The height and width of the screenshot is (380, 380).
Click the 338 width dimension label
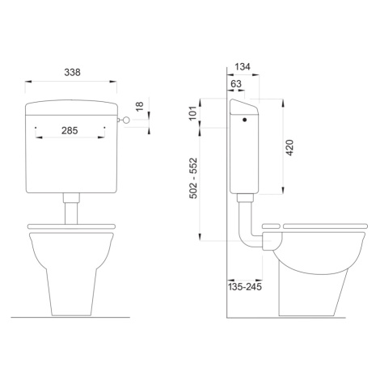coord(72,72)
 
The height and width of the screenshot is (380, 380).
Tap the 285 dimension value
coord(70,131)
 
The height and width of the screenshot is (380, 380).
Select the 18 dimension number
coord(140,107)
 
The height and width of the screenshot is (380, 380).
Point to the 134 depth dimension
coord(243,66)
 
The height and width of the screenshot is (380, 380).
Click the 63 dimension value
coord(236,84)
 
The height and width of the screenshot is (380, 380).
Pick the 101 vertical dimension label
coord(192,113)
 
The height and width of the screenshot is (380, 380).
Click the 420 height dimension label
coord(289,148)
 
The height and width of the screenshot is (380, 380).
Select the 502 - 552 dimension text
coord(193,179)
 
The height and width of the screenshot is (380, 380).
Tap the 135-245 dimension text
coord(245,287)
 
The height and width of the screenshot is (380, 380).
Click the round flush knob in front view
coord(126,120)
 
